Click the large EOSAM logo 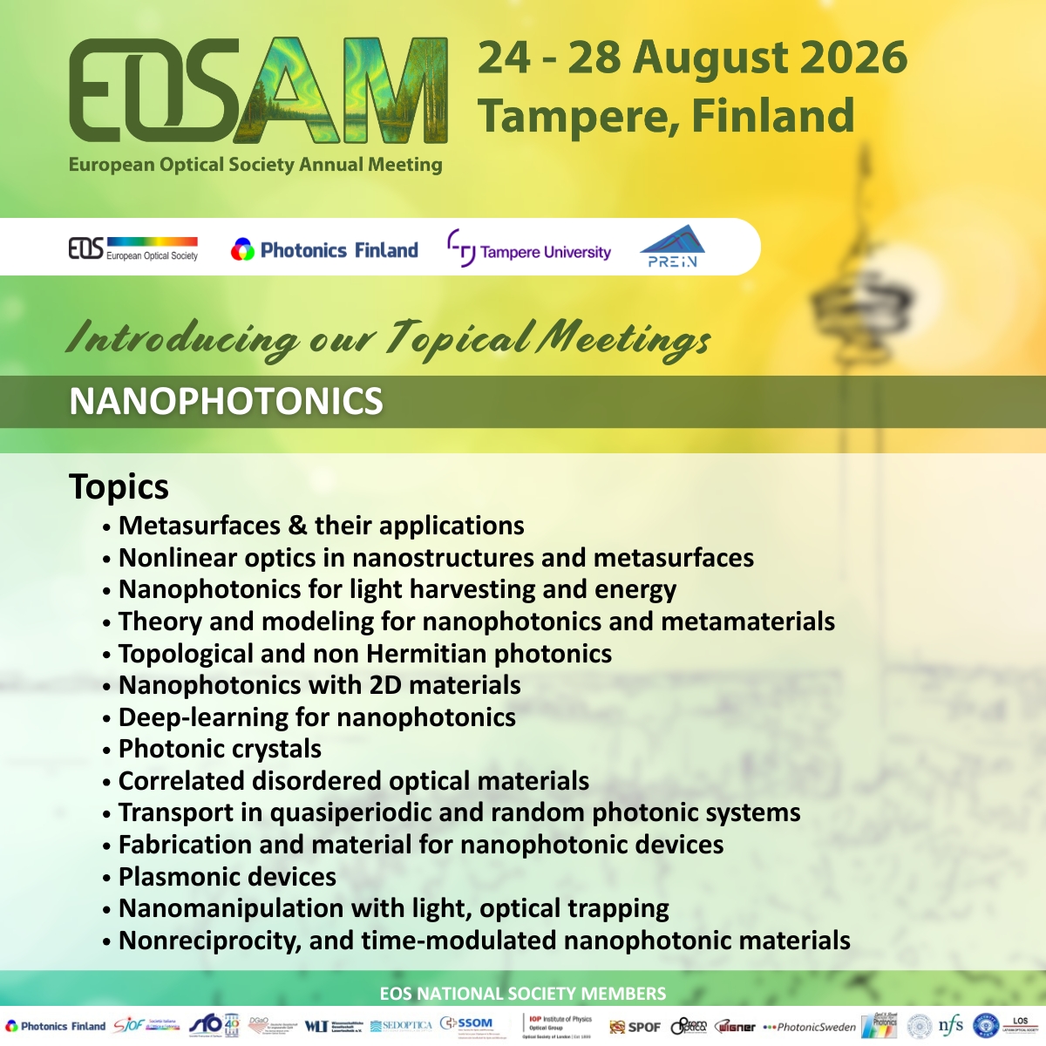(x=258, y=91)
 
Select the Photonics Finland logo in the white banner (x=324, y=250)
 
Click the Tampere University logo (x=529, y=251)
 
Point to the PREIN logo (x=672, y=247)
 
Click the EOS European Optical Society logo (x=132, y=249)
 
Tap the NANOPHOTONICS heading (x=226, y=402)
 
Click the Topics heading (x=119, y=486)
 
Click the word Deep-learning (x=193, y=717)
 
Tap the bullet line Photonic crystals (x=220, y=749)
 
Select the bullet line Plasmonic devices (x=227, y=876)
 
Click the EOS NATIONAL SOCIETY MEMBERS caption (x=523, y=994)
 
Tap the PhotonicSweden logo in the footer (x=810, y=1027)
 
